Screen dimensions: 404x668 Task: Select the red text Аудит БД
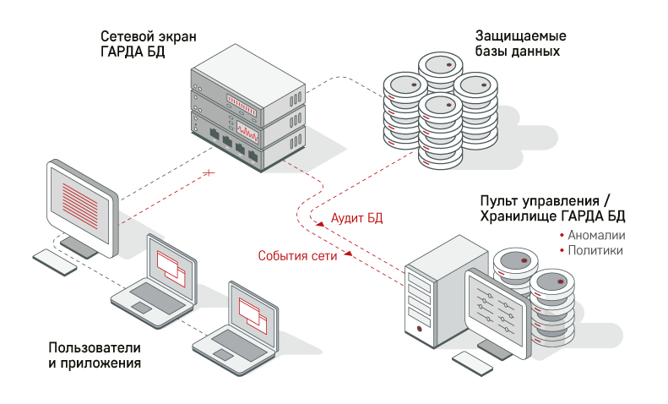tap(356, 218)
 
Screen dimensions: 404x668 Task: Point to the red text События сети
tap(297, 256)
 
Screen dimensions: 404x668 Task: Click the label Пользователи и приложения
tap(95, 356)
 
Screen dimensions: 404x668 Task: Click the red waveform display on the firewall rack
tap(247, 133)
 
